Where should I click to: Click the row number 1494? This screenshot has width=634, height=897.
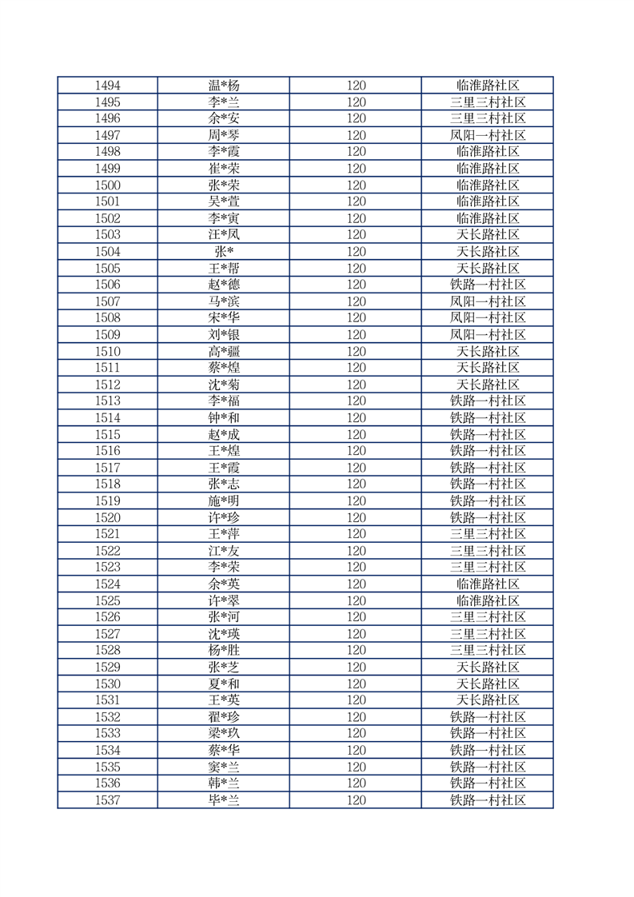coord(107,86)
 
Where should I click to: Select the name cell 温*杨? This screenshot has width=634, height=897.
coord(223,86)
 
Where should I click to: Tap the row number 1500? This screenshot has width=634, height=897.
coord(107,185)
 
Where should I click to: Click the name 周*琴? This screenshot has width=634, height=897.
coord(223,135)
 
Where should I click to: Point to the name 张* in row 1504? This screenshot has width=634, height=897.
coord(223,251)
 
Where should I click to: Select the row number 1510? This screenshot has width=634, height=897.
coord(107,351)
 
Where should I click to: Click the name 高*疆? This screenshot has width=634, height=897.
coord(223,351)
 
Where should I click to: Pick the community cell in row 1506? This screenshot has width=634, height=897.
coord(487,285)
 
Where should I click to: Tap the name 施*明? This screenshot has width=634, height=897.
coord(223,500)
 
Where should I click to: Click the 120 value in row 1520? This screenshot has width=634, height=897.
coord(356,517)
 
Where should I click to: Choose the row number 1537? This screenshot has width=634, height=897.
coord(107,799)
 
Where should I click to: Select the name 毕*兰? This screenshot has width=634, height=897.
coord(223,799)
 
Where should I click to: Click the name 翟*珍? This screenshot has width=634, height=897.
coord(223,716)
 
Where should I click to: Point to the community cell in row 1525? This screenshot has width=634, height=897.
coord(487,600)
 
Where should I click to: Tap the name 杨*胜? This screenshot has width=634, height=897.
coord(223,650)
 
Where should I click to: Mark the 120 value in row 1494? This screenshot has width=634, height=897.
coord(356,86)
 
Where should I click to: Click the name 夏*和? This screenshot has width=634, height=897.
coord(223,684)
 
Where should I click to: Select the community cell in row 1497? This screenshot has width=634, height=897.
coord(487,135)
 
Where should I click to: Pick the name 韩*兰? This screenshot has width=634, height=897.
coord(223,783)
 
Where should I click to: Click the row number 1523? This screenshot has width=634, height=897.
coord(107,567)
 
